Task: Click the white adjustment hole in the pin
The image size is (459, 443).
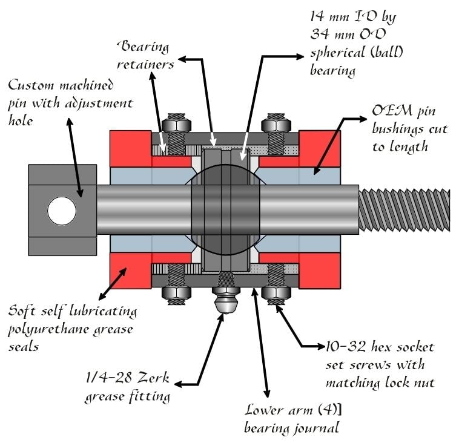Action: (62, 211)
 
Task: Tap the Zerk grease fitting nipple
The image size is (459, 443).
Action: (226, 301)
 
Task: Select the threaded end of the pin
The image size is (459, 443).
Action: (405, 210)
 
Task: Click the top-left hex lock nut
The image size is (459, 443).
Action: (177, 123)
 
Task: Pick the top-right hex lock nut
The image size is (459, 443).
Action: (276, 123)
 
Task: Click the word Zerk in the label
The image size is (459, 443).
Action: (153, 378)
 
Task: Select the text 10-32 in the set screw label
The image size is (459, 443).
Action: (346, 347)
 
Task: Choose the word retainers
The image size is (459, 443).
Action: (145, 64)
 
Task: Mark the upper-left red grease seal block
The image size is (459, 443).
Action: (131, 145)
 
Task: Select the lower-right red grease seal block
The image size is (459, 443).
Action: (320, 271)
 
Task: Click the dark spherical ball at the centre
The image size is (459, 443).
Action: (226, 210)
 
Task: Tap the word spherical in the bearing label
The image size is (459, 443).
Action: (337, 53)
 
